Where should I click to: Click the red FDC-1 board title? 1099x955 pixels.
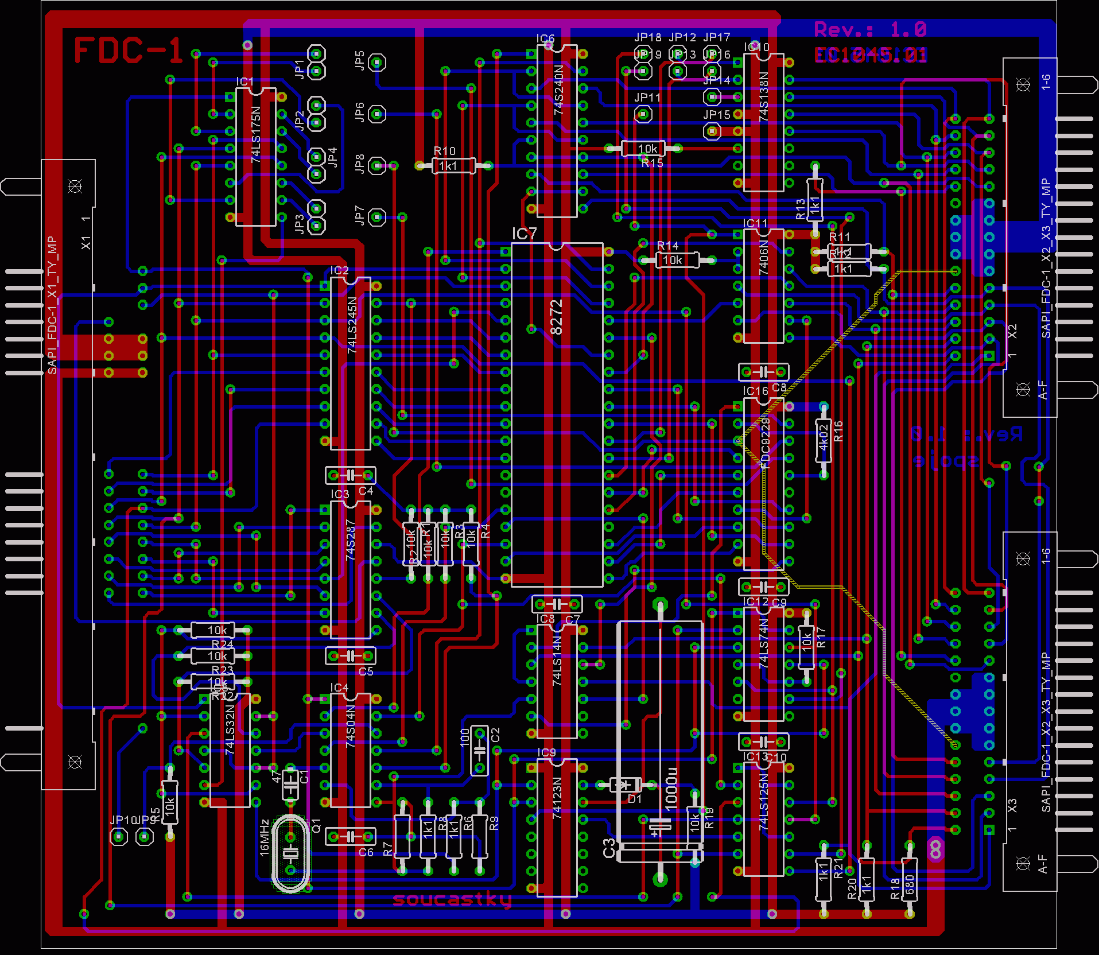point(128,51)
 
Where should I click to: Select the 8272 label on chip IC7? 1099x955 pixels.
point(556,317)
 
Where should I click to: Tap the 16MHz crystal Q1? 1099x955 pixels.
point(291,854)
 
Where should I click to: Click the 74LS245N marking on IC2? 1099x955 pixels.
point(352,324)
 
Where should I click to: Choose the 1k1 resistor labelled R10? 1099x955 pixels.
point(453,166)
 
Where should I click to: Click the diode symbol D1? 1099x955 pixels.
point(626,785)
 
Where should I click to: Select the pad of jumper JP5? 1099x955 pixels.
point(376,62)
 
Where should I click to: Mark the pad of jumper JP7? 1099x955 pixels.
point(376,217)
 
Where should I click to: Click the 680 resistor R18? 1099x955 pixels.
point(909,879)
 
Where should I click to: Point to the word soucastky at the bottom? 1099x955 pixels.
point(452,899)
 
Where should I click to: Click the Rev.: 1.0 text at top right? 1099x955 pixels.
point(870,29)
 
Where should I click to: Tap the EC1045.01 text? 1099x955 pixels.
point(871,55)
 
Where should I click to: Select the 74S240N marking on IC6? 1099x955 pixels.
point(558,90)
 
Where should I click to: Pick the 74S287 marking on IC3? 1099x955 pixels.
point(351,539)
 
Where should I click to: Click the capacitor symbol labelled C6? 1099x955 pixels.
point(350,836)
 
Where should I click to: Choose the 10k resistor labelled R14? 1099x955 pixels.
point(672,260)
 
